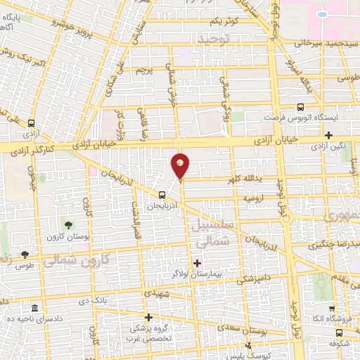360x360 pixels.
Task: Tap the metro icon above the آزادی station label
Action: pos(30,122)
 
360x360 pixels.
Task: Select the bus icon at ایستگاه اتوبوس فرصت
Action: pos(300,107)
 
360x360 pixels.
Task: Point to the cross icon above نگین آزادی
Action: pos(328,134)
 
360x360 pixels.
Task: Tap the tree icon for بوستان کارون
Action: pos(68,225)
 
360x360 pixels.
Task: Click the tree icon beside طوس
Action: pos(25,255)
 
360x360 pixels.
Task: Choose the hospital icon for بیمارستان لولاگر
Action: pos(196,262)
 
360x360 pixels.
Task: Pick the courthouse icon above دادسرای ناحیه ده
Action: pos(35,309)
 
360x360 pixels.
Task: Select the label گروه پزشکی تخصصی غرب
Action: pos(148,333)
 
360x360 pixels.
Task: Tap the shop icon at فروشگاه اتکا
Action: pos(330,308)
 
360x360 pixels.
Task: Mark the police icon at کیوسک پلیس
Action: pos(248,345)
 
